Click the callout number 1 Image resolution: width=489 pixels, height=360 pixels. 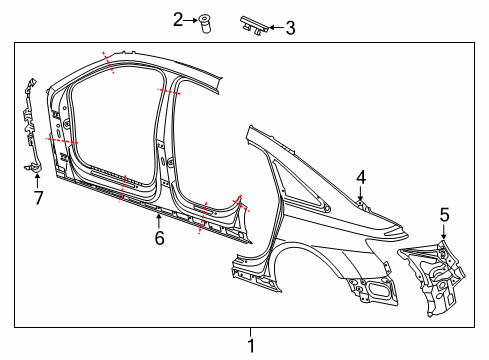click(251, 346)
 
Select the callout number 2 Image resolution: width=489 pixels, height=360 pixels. click(178, 20)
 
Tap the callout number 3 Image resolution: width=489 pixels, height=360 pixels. click(290, 28)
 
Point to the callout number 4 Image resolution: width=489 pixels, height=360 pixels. click(361, 177)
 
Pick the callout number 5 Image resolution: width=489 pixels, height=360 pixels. click(445, 215)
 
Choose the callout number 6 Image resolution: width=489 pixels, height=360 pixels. click(159, 238)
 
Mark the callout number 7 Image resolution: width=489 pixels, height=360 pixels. click(39, 198)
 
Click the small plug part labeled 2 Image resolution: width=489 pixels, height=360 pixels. click(206, 24)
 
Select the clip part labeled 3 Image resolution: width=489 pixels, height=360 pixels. click(254, 25)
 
